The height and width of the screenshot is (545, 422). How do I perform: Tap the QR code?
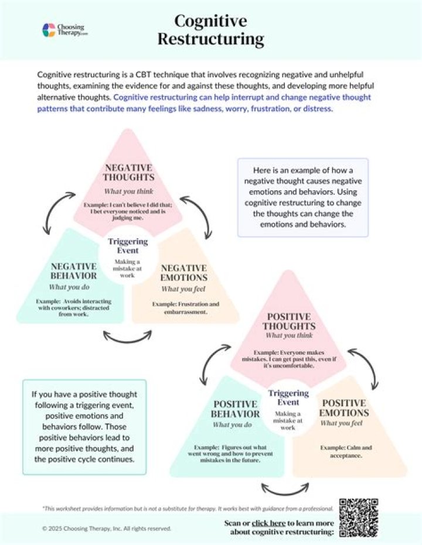(359, 517)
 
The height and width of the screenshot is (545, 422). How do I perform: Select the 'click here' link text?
(269, 522)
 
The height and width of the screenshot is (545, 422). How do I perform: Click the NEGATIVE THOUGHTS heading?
(128, 173)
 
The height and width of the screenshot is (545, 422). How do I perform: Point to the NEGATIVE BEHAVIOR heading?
(73, 271)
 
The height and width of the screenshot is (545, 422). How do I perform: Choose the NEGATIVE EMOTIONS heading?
(184, 272)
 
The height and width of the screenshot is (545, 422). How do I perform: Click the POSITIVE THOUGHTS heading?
(289, 321)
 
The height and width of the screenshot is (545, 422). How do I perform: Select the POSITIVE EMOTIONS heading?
(345, 408)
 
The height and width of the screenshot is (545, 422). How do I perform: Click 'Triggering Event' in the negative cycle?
(128, 246)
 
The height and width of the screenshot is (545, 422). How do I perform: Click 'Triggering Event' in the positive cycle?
(288, 397)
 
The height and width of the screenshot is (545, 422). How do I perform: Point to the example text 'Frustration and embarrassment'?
(185, 308)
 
